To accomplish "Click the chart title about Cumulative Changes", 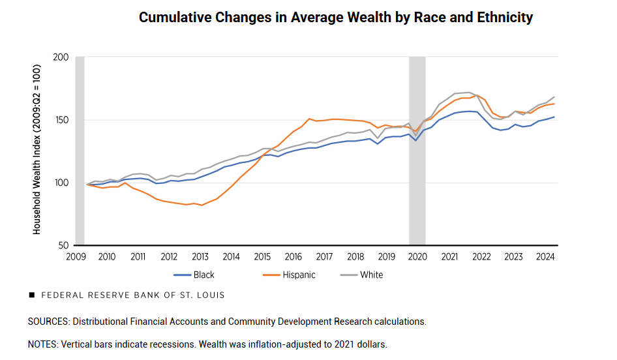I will [x=335, y=18].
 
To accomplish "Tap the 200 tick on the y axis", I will [x=61, y=57].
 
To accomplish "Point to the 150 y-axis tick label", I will [x=61, y=120].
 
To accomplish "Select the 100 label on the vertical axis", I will [x=61, y=183].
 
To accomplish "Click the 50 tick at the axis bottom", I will [x=63, y=245].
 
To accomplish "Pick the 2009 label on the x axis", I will [x=76, y=257].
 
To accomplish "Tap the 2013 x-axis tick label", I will [x=200, y=257].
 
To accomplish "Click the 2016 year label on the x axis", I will [x=293, y=257].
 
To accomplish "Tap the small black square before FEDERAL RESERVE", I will [x=31, y=295].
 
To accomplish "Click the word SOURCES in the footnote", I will [x=48, y=322].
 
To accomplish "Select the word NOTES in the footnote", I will [x=42, y=344].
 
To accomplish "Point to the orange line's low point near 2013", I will [x=202, y=205].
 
